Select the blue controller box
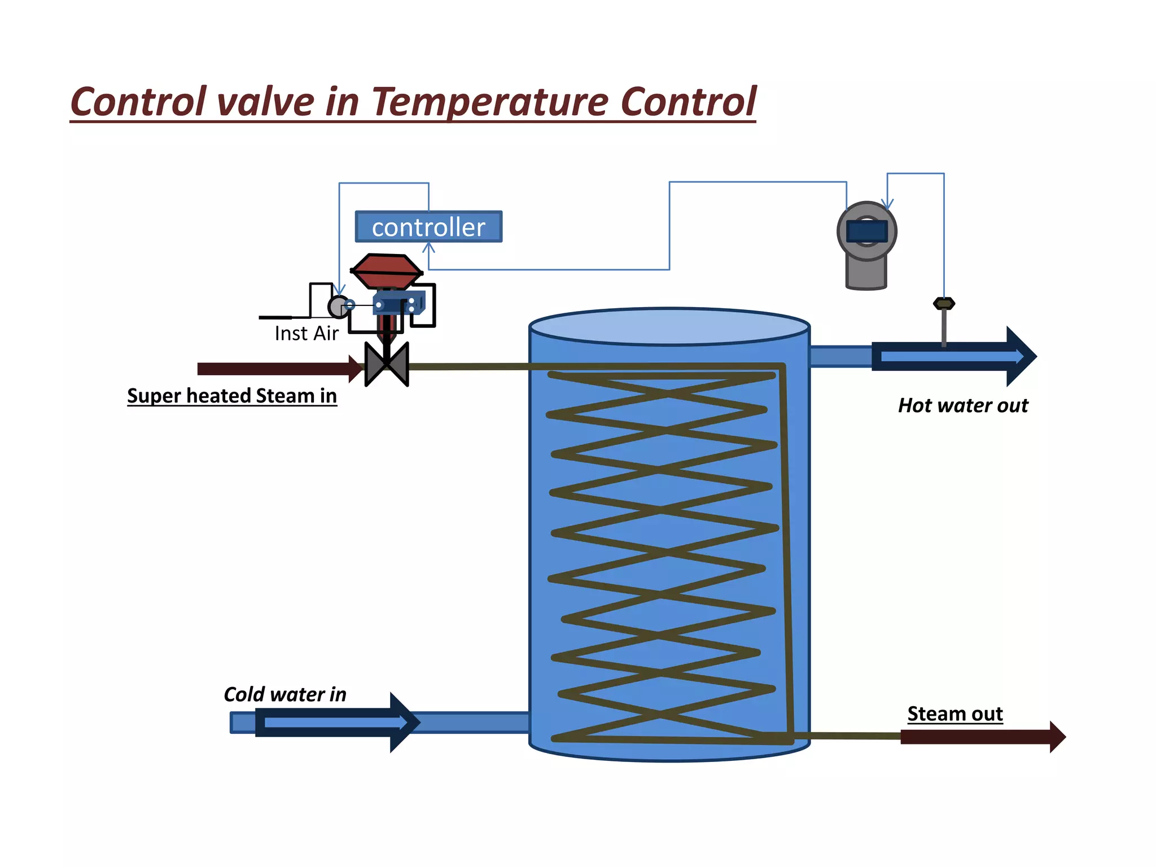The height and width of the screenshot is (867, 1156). pyautogui.click(x=428, y=227)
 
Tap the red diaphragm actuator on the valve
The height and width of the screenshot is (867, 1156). pyautogui.click(x=386, y=270)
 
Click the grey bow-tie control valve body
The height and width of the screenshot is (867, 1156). pyautogui.click(x=387, y=365)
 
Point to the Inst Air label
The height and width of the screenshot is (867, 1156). pyautogui.click(x=306, y=334)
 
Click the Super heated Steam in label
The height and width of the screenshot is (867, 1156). pyautogui.click(x=231, y=396)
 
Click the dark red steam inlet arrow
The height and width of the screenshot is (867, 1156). pyautogui.click(x=277, y=369)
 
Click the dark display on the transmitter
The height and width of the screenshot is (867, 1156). pyautogui.click(x=867, y=231)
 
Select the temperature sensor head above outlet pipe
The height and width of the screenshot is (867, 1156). pyautogui.click(x=944, y=304)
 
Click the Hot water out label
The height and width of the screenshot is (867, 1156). pyautogui.click(x=963, y=405)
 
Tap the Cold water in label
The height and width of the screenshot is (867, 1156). pyautogui.click(x=285, y=694)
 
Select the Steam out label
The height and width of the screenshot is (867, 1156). pyautogui.click(x=954, y=714)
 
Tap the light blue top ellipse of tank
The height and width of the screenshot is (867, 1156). pyautogui.click(x=669, y=326)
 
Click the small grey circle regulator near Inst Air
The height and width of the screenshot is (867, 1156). pyautogui.click(x=338, y=306)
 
